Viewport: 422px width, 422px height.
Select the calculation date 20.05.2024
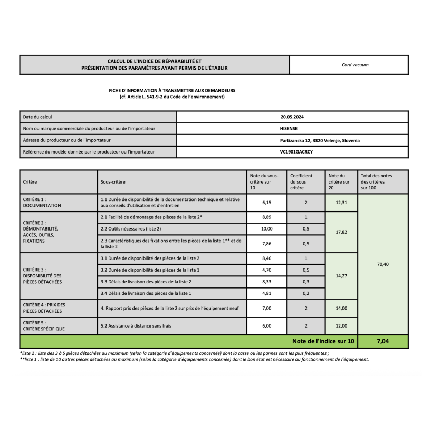tap(292, 117)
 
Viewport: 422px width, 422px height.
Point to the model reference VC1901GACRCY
tap(292, 152)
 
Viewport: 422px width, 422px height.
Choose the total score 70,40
tap(382, 264)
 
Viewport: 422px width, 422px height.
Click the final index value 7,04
tap(382, 341)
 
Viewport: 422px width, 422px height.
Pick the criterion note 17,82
tap(341, 232)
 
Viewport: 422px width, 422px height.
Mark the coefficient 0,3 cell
tap(305, 282)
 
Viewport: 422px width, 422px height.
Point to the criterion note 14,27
tap(341, 275)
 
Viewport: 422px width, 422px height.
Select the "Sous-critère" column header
tap(113, 181)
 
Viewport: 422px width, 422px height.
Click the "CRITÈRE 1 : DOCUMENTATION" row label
tap(42, 203)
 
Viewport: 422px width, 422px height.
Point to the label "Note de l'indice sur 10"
tap(323, 341)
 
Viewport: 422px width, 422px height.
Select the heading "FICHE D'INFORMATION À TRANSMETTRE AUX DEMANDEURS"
tap(172, 91)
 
